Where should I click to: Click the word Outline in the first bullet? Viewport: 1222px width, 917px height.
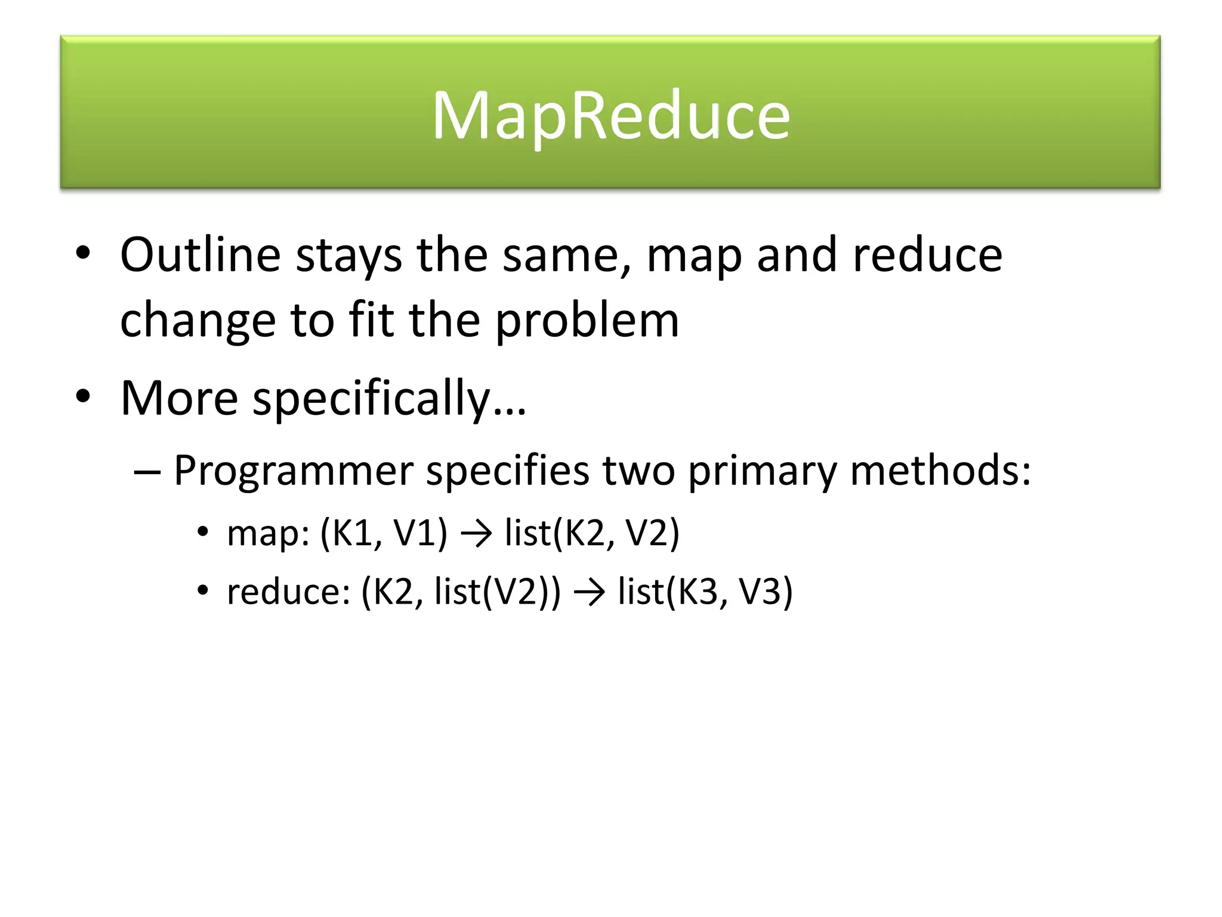tap(200, 255)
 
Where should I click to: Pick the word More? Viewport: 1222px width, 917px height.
tap(179, 398)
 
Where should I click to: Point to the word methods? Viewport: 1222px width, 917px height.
tap(940, 470)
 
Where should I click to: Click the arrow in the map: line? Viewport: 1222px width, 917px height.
tap(476, 534)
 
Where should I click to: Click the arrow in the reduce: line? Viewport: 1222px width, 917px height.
tap(589, 593)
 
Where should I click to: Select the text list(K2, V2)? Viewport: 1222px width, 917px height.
tap(592, 533)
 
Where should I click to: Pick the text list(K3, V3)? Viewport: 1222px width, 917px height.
tap(705, 592)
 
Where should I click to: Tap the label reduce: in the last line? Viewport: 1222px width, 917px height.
tap(288, 592)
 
